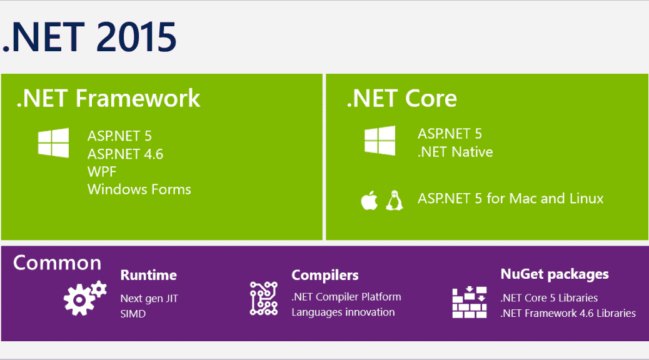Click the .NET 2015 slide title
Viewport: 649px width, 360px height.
point(89,37)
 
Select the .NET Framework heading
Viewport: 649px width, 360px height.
point(108,99)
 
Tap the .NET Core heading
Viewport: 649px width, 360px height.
point(402,99)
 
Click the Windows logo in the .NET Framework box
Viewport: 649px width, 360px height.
point(53,142)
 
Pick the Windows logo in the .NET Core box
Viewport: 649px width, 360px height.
point(380,141)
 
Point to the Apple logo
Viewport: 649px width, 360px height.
point(369,201)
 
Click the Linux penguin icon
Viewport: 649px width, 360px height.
point(395,201)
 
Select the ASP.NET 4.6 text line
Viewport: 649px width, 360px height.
point(126,154)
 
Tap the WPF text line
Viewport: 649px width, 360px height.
point(102,172)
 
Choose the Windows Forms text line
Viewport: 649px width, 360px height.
point(139,189)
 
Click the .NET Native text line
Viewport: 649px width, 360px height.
point(455,152)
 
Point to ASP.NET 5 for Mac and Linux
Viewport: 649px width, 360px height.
point(511,199)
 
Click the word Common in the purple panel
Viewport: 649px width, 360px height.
point(57,262)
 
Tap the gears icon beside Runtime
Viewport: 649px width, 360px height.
point(85,298)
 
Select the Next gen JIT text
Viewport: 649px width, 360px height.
point(149,299)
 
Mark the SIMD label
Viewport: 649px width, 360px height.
point(133,314)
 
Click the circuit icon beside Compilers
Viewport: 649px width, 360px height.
point(264,298)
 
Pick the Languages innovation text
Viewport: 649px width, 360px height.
point(343,312)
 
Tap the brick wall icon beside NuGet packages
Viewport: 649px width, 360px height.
point(470,302)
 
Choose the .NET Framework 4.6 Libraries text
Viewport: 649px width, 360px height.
point(568,313)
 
